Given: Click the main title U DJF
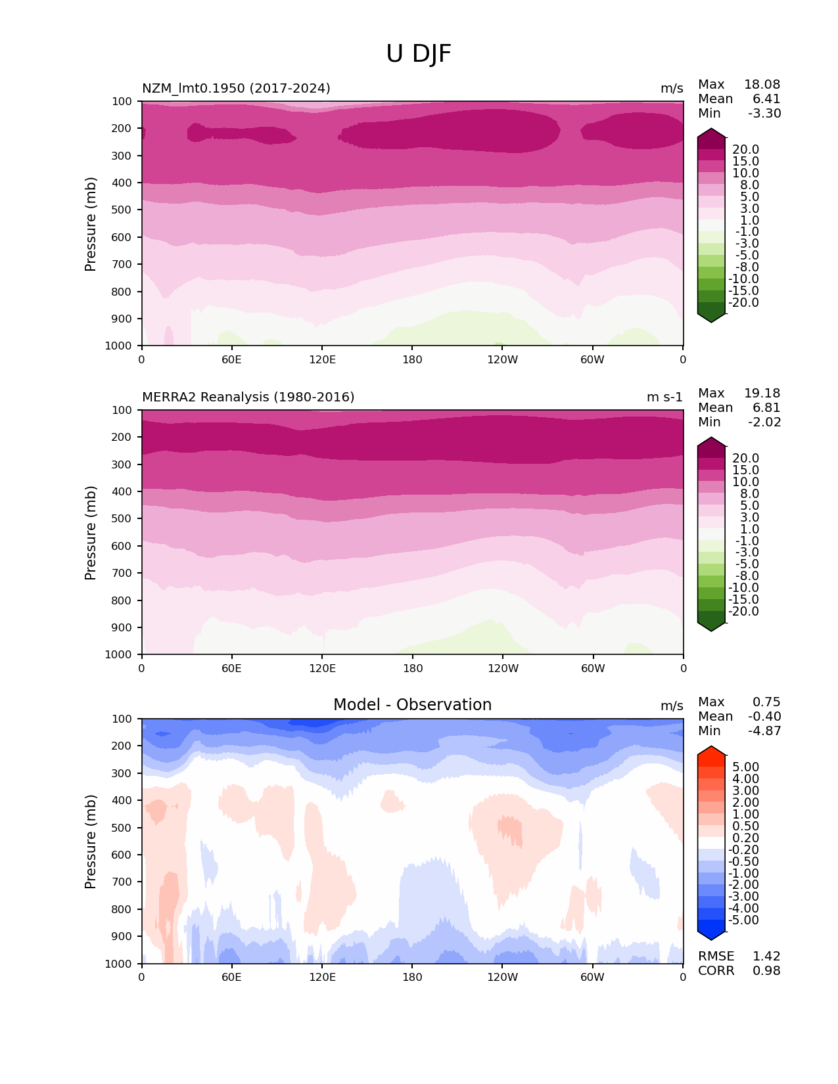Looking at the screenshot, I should [419, 54].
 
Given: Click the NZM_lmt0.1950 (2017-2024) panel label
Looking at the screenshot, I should [236, 89].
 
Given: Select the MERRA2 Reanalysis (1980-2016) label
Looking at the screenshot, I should [248, 397].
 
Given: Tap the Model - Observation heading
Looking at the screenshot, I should [412, 705].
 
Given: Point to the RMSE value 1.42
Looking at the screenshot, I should [766, 957].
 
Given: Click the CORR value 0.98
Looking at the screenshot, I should [766, 971].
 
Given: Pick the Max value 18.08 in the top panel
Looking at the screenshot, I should [762, 85].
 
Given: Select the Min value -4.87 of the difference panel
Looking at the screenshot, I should [764, 731].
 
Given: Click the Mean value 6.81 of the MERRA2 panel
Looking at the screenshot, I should [766, 408].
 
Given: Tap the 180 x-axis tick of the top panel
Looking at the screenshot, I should [412, 359].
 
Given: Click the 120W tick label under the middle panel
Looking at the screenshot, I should [503, 668].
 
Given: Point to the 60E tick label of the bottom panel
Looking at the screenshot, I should [231, 977].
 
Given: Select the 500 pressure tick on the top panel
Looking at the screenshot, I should [123, 210].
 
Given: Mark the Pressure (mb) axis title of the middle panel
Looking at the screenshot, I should [91, 533].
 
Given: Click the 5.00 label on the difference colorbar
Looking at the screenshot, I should [746, 767].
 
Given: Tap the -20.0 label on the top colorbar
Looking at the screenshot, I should [744, 303].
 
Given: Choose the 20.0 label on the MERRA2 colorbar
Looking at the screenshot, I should [746, 459].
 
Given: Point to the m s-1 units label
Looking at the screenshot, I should [664, 397].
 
